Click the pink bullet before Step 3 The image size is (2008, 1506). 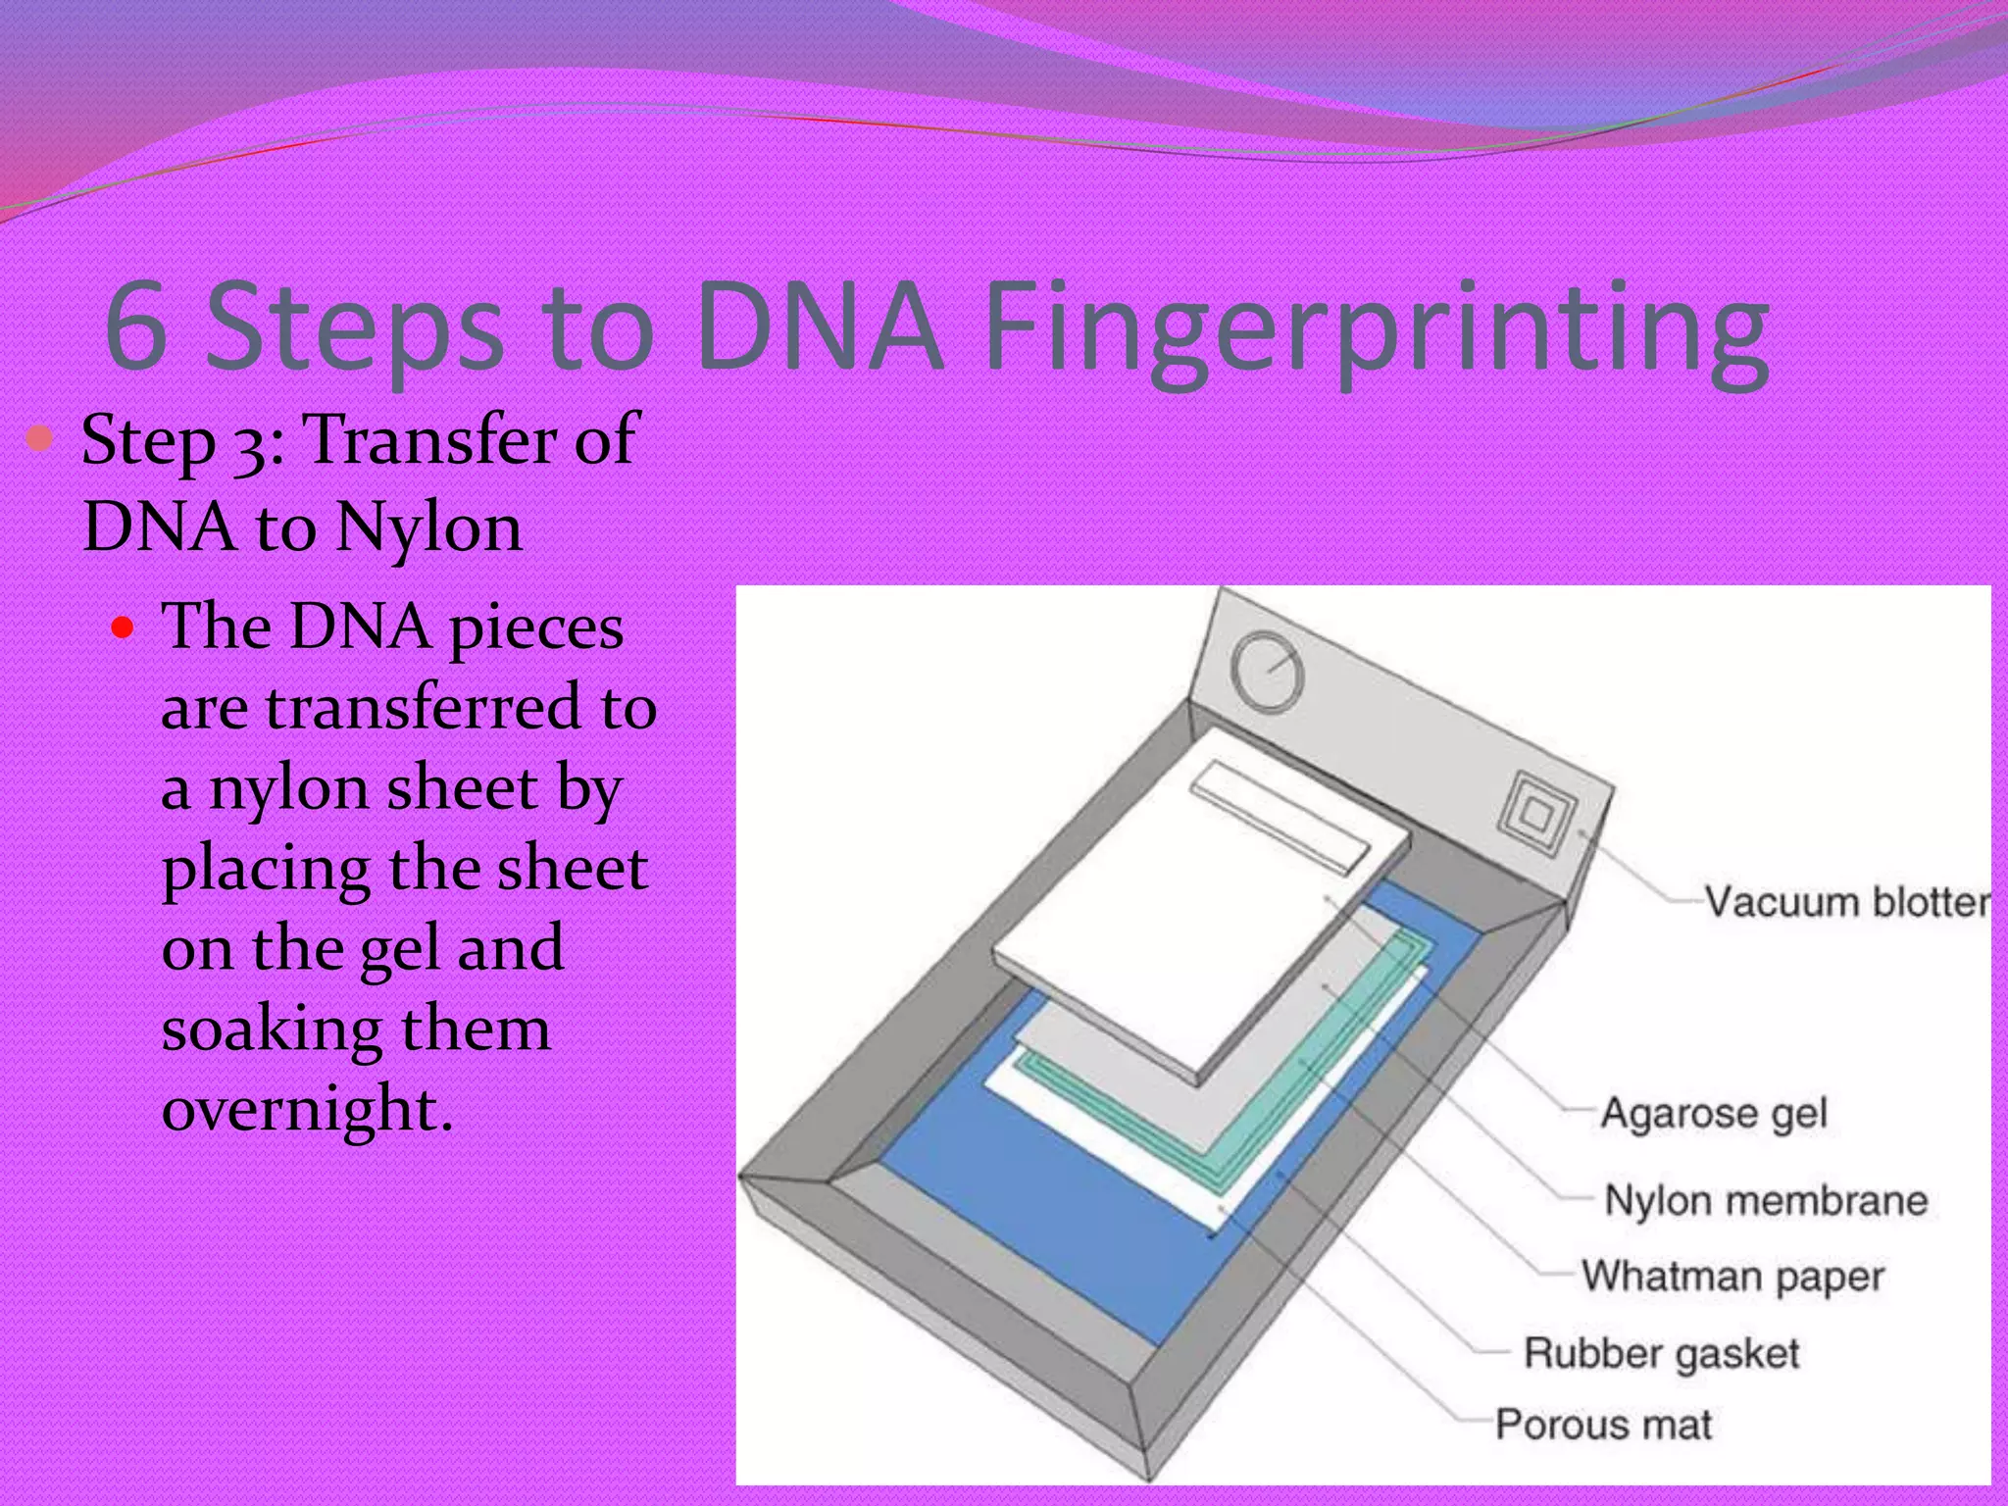40,438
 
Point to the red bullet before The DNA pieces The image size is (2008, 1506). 122,627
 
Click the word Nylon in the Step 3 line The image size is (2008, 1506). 428,528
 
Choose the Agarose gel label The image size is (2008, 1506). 1714,1113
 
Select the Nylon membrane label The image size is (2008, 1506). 1765,1200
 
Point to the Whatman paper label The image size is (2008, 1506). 1732,1277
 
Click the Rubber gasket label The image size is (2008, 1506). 1661,1353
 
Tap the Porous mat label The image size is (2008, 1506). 1603,1425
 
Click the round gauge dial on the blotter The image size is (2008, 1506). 1267,671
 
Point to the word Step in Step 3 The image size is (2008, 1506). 148,441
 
